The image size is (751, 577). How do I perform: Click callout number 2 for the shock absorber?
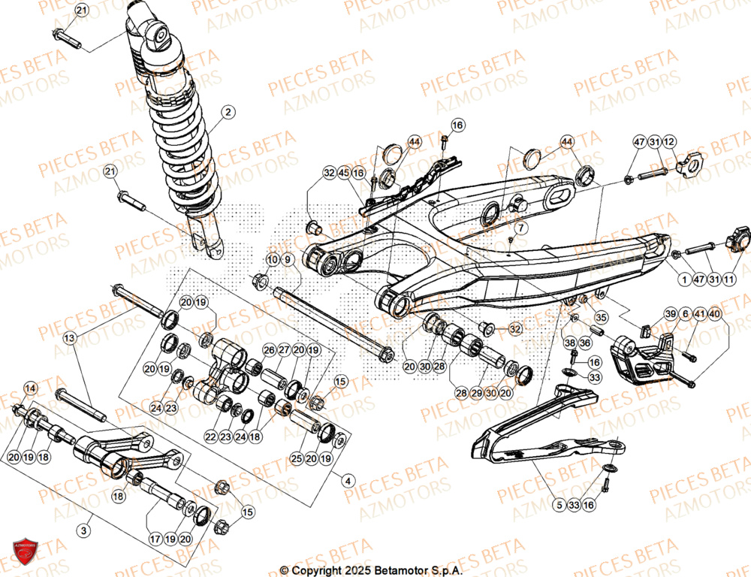[x=228, y=114]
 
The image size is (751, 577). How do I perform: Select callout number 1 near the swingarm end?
[x=684, y=279]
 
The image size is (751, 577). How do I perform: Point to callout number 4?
[x=346, y=480]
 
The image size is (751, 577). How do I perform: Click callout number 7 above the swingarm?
[x=520, y=227]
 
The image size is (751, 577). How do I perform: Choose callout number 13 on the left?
[x=70, y=339]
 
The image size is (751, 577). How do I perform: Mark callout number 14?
[x=30, y=388]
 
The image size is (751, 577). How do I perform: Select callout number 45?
[x=344, y=173]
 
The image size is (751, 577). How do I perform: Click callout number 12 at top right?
[x=669, y=142]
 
